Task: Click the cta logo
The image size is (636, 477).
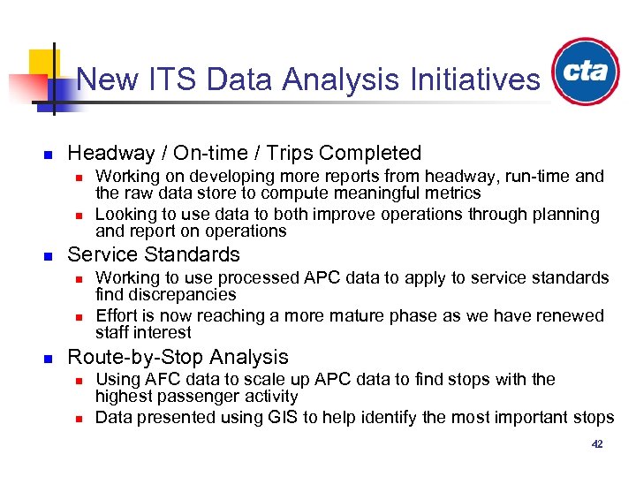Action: point(586,72)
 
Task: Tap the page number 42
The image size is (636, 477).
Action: point(597,444)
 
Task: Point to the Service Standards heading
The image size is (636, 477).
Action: point(154,255)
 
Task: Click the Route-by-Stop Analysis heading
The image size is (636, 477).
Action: point(178,357)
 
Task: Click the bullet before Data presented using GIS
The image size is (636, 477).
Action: point(79,418)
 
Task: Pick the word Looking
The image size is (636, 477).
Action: point(123,214)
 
